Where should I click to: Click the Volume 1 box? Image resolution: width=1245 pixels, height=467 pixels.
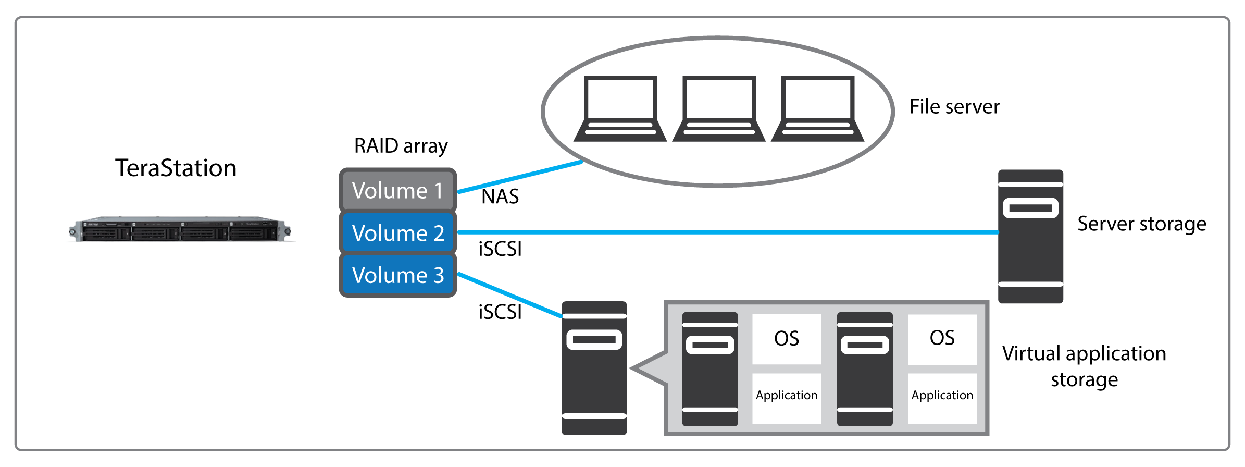[397, 190]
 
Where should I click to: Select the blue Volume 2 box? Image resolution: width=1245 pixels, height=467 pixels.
[397, 233]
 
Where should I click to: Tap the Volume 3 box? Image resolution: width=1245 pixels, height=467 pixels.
[397, 275]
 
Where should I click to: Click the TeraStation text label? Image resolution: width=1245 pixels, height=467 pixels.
[176, 168]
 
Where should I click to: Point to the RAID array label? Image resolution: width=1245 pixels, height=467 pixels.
[401, 146]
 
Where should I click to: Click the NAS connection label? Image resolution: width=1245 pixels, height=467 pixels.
[500, 197]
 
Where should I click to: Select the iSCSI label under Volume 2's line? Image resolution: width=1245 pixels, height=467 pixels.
[500, 249]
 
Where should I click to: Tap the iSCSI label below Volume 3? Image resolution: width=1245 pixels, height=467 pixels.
[500, 312]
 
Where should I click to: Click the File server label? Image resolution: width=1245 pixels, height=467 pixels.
[954, 107]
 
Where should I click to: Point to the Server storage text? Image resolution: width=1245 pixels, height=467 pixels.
[1141, 224]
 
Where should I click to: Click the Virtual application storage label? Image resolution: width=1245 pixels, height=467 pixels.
[1084, 366]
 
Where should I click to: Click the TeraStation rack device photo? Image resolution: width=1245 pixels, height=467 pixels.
[180, 229]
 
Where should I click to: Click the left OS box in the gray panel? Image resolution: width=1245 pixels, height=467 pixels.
[786, 339]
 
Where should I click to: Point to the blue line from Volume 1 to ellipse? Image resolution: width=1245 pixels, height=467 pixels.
[521, 177]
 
